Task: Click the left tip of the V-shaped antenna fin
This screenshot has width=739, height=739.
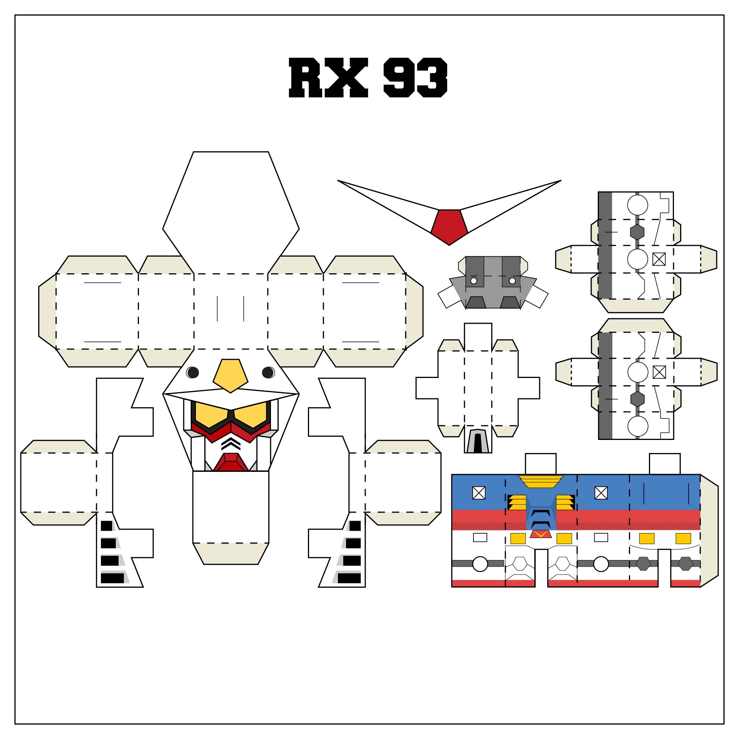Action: point(338,180)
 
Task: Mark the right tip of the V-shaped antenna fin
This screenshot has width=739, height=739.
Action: point(561,180)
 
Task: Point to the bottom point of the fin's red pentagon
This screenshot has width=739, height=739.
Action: point(449,245)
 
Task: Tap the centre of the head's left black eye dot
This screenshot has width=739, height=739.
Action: point(192,372)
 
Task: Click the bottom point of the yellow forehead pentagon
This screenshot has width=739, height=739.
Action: point(231,393)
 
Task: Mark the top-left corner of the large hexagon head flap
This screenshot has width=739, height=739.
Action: point(193,152)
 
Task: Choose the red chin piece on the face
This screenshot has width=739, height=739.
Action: point(231,462)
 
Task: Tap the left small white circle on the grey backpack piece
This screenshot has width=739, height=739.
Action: point(474,281)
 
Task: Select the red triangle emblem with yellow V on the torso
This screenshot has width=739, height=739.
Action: point(541,534)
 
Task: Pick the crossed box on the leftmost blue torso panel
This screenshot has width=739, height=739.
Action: point(479,493)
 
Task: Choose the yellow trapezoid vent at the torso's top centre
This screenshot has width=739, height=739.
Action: point(541,482)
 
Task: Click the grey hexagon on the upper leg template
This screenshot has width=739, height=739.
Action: point(637,232)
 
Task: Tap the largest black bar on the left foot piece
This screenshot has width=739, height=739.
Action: point(112,578)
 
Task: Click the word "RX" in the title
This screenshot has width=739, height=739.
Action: point(329,77)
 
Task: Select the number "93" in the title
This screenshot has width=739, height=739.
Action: point(416,77)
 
